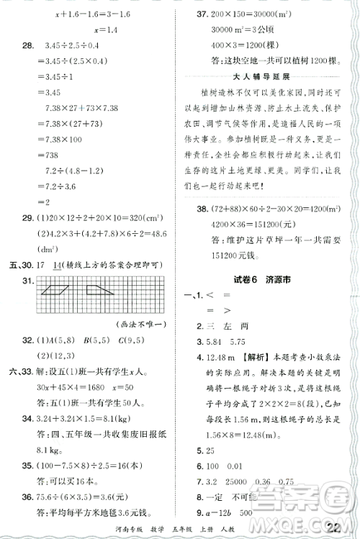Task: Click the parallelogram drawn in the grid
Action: point(55,290)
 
